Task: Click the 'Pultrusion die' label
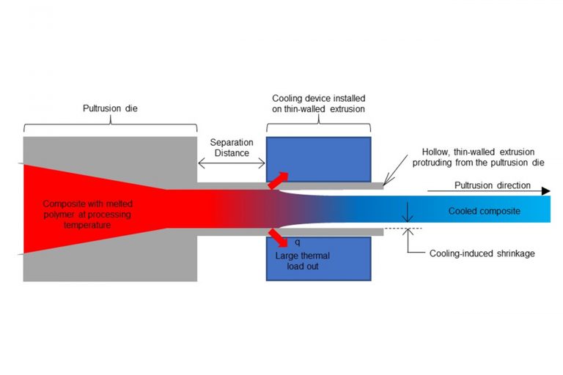point(109,108)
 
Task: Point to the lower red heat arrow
point(278,237)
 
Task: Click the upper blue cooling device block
point(318,157)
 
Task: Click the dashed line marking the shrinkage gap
point(397,229)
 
